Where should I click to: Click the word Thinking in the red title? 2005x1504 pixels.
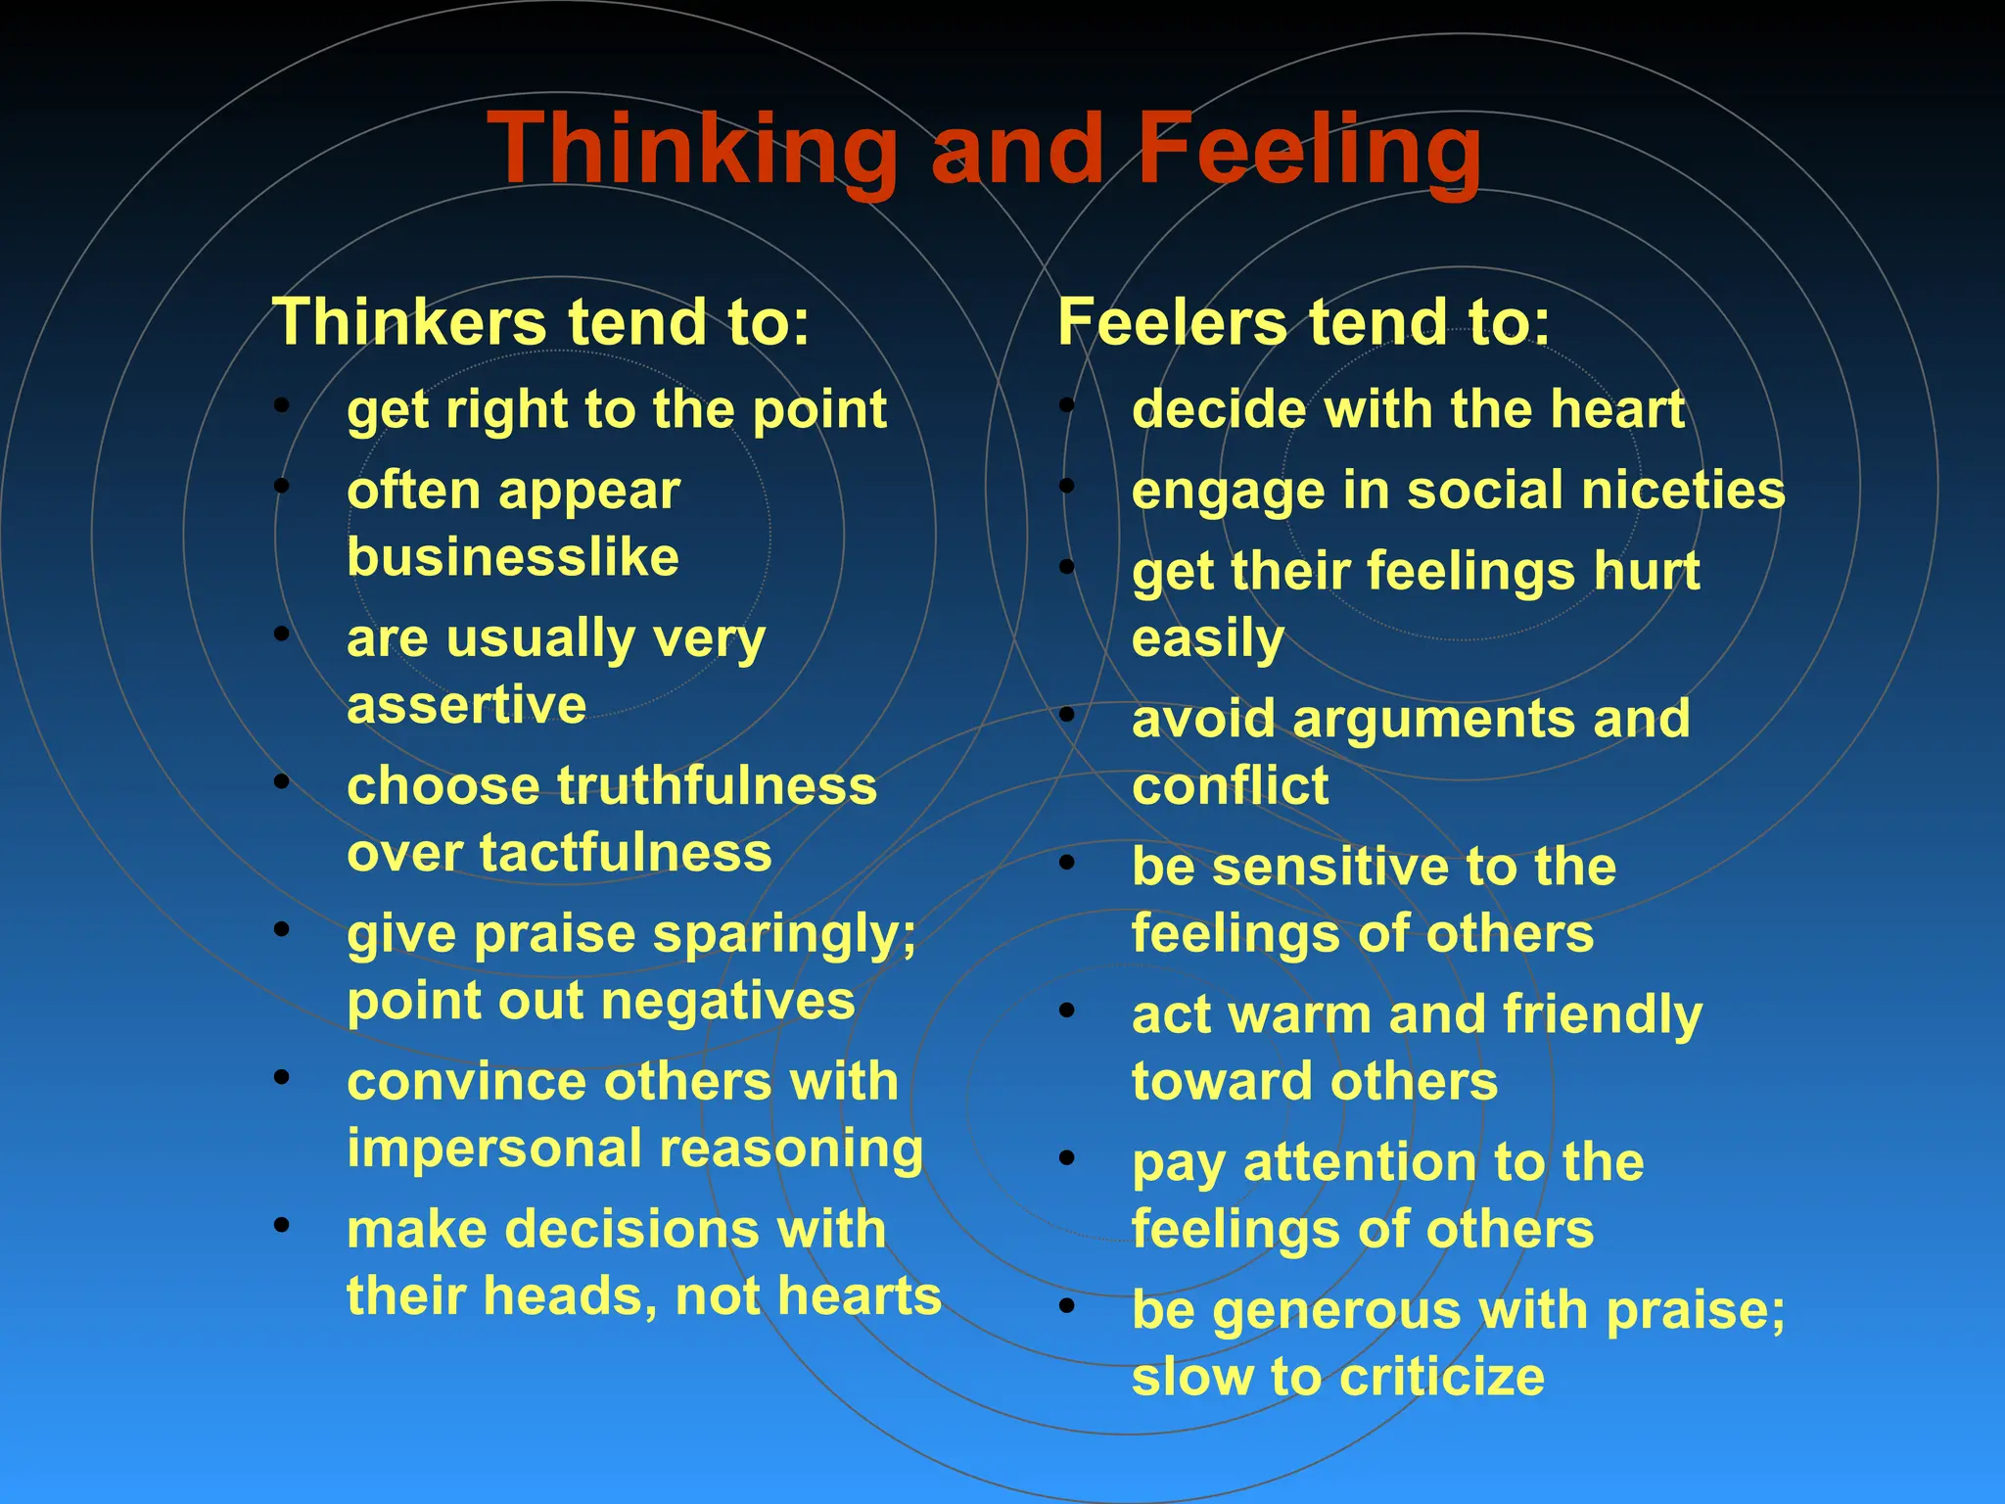[696, 149]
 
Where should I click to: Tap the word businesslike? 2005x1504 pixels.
[513, 557]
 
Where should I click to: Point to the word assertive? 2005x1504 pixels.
[467, 704]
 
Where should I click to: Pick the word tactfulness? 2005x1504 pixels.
[626, 853]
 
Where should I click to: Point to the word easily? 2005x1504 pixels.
[1207, 639]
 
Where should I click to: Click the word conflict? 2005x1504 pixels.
[1231, 786]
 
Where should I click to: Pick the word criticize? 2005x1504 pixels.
[1441, 1378]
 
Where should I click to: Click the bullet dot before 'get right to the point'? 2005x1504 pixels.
[282, 404]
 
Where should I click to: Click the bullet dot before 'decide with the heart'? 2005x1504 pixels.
[1067, 404]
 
